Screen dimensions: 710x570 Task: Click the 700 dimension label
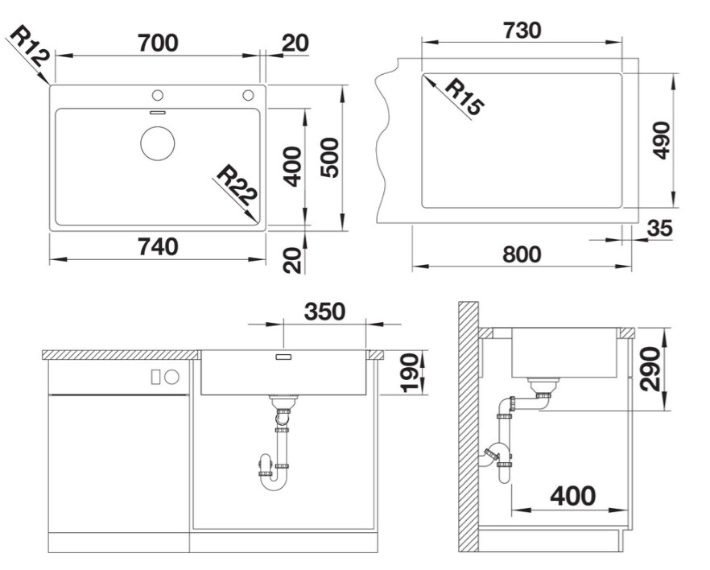tap(158, 43)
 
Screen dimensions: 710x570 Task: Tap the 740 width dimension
tap(158, 246)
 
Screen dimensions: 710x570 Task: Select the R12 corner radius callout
tap(28, 46)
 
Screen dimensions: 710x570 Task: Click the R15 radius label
tap(463, 97)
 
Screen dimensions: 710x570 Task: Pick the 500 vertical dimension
tap(329, 158)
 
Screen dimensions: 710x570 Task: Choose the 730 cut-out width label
tap(522, 30)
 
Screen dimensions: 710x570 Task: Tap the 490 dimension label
tap(662, 140)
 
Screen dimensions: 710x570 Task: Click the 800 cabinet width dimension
tap(522, 254)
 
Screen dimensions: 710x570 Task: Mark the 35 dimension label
tap(660, 228)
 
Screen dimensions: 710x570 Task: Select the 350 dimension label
tap(324, 312)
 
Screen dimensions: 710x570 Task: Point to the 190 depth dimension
tap(409, 373)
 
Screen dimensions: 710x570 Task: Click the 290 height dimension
tap(650, 369)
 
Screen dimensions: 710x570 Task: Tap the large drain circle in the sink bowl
tap(158, 143)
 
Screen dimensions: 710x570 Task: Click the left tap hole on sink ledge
tap(158, 95)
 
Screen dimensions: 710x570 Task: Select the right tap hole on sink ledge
tap(248, 95)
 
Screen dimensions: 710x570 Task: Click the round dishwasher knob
tap(172, 377)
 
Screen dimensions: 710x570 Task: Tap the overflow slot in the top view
tap(158, 112)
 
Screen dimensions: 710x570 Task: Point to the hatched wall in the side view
tap(469, 427)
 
